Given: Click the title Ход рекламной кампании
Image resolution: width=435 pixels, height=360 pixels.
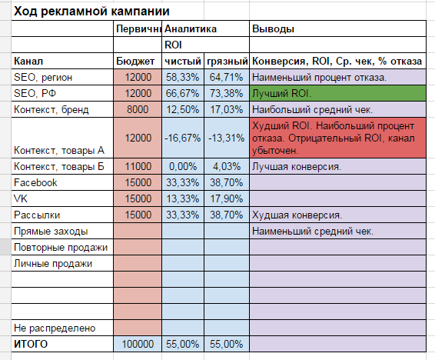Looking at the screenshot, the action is click(91, 12).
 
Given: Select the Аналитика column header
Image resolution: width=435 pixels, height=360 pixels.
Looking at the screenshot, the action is click(191, 29).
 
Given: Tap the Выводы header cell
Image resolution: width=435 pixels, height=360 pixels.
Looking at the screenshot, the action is click(274, 29).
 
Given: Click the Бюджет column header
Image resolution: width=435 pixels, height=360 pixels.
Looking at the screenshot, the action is click(135, 61).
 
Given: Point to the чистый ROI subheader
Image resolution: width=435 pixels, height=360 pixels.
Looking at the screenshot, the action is click(183, 61).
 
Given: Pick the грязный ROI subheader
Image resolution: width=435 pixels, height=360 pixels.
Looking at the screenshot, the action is click(227, 61).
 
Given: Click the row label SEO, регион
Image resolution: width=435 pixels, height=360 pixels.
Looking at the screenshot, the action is click(43, 77).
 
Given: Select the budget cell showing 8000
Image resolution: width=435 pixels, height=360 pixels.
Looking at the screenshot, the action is click(138, 109).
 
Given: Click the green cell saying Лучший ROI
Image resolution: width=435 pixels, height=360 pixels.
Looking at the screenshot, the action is click(337, 93).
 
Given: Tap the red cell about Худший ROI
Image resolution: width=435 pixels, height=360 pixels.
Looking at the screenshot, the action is click(337, 138).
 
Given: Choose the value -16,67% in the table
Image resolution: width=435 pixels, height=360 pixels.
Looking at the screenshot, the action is click(183, 138).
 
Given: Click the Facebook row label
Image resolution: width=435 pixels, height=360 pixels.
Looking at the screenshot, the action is click(35, 182).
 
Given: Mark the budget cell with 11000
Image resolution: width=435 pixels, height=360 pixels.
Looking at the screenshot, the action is click(138, 166).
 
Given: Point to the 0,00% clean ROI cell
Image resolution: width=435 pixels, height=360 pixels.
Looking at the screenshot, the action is click(183, 166).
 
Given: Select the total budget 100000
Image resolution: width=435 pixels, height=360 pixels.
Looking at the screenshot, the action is click(138, 344).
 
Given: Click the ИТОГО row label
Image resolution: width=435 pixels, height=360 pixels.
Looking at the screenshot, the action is click(31, 344).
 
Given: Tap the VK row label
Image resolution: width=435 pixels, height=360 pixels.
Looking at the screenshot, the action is click(21, 198).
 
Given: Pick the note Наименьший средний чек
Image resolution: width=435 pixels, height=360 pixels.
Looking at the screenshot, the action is click(313, 232).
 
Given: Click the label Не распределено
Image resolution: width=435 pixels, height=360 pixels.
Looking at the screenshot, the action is click(55, 328).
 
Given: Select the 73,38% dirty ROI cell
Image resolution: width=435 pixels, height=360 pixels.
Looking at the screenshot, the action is click(227, 93).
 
